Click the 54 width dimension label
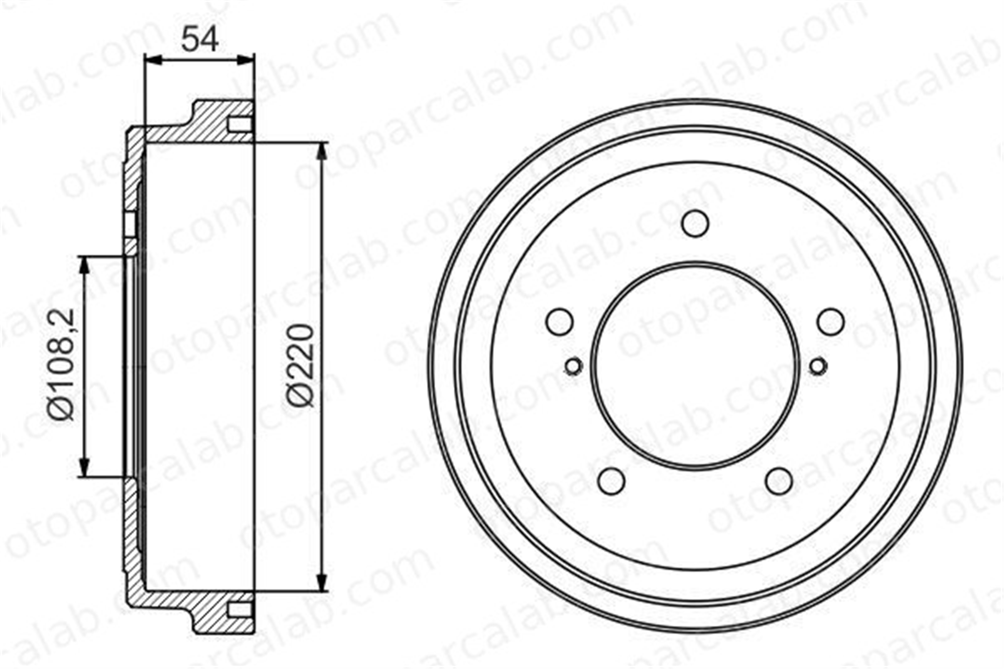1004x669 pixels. pyautogui.click(x=200, y=39)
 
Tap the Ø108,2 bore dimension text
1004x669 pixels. pyautogui.click(x=61, y=364)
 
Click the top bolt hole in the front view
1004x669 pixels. pyautogui.click(x=695, y=223)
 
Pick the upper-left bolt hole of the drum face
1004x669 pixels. pyautogui.click(x=559, y=321)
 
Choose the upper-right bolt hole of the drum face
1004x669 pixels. pyautogui.click(x=831, y=321)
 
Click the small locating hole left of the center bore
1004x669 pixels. pyautogui.click(x=573, y=366)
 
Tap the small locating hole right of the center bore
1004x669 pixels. pyautogui.click(x=818, y=366)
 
